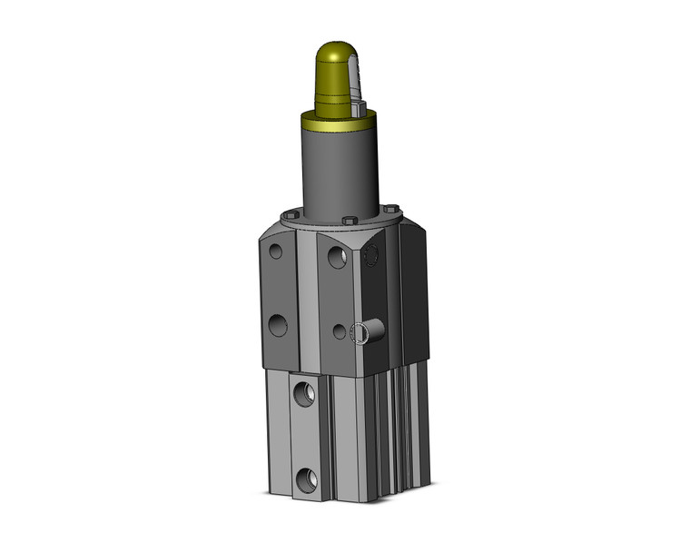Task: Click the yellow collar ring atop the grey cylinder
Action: click(336, 120)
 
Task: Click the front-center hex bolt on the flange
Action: click(349, 220)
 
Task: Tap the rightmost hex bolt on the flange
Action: click(389, 208)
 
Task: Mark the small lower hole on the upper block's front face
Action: click(339, 332)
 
